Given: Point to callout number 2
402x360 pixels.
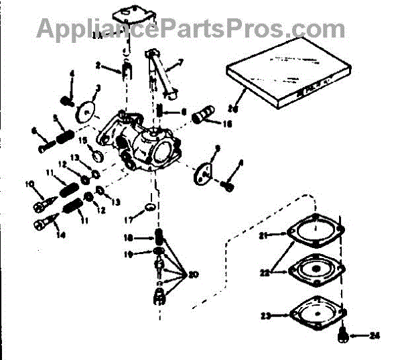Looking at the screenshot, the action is pos(98,66).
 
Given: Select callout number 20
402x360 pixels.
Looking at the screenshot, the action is pos(195,274).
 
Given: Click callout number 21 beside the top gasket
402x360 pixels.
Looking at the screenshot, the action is pos(264,235).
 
